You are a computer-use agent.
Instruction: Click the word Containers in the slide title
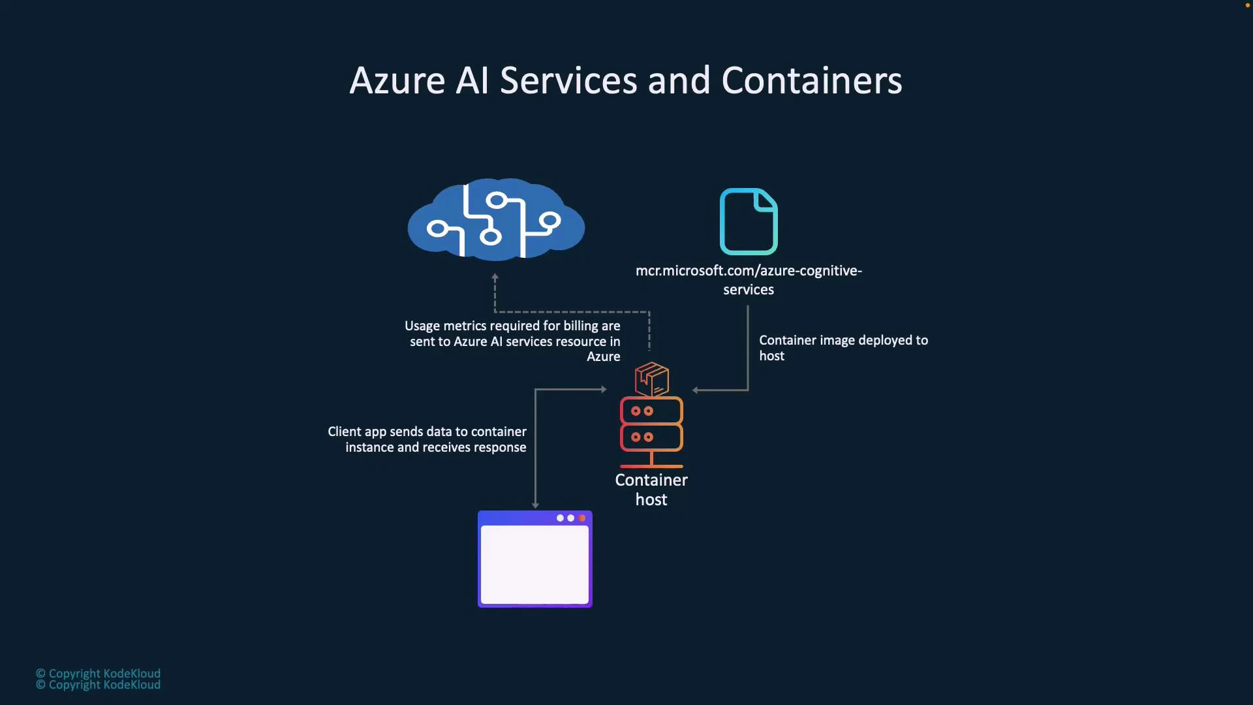[x=811, y=81]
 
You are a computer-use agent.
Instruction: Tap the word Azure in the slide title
[x=397, y=81]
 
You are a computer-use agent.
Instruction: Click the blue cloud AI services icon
[x=496, y=220]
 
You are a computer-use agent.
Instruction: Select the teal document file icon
[x=749, y=221]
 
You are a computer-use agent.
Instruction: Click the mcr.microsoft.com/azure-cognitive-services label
[x=749, y=279]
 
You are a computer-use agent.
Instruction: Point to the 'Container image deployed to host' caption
[x=843, y=348]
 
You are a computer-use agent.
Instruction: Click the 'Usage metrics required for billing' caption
[x=513, y=341]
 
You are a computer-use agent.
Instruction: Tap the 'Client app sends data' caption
[x=427, y=439]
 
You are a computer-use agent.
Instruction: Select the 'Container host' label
[x=651, y=490]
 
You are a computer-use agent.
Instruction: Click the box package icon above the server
[x=652, y=379]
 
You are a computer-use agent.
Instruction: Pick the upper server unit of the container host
[x=651, y=411]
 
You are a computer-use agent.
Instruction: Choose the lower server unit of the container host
[x=651, y=437]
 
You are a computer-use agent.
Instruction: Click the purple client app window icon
[x=535, y=559]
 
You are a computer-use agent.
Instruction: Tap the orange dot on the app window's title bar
[x=582, y=518]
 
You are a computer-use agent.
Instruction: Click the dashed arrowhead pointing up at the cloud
[x=495, y=277]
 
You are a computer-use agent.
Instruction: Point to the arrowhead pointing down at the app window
[x=535, y=505]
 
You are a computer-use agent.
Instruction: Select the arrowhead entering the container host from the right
[x=696, y=390]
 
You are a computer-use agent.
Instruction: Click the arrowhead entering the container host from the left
[x=604, y=390]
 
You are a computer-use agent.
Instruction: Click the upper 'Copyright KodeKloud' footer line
[x=98, y=673]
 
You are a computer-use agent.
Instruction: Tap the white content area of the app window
[x=534, y=565]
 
